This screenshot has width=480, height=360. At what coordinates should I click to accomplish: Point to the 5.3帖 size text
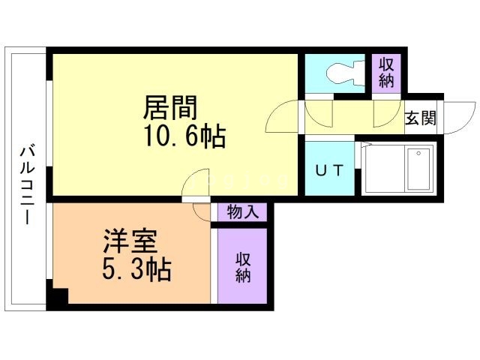click(x=136, y=268)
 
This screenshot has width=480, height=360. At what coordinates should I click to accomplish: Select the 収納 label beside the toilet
click(x=386, y=73)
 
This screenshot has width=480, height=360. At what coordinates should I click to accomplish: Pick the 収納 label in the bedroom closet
click(x=242, y=266)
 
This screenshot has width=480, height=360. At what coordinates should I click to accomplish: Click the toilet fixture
click(x=341, y=73)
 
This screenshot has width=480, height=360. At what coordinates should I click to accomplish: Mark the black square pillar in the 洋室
click(x=57, y=297)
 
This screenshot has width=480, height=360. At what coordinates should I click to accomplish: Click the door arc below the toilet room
click(x=319, y=112)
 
